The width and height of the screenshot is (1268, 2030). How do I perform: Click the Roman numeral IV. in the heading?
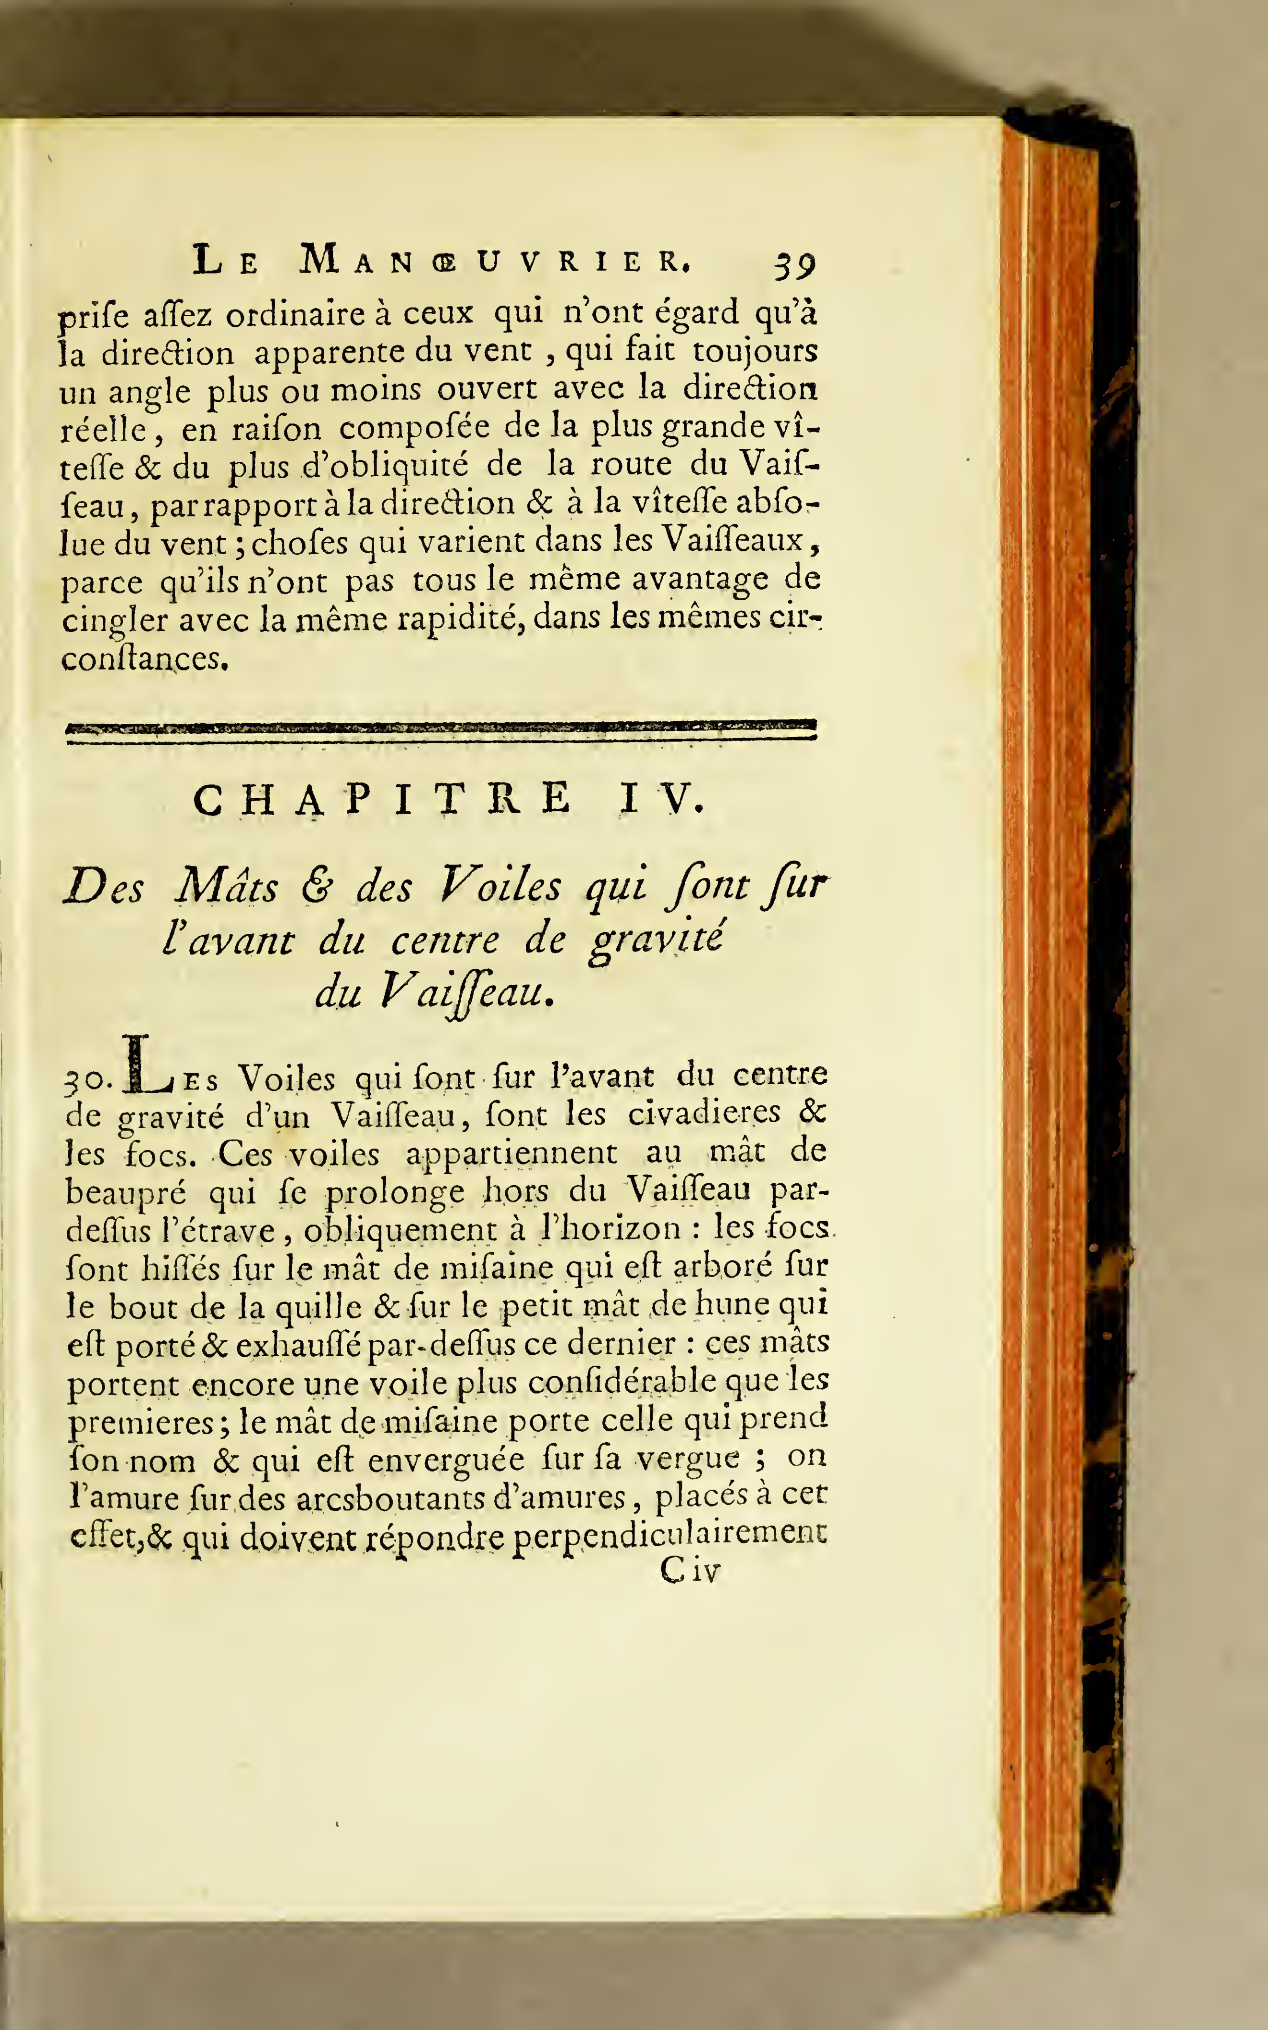pos(662,799)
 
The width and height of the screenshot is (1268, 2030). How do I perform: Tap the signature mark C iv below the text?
pos(689,1570)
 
